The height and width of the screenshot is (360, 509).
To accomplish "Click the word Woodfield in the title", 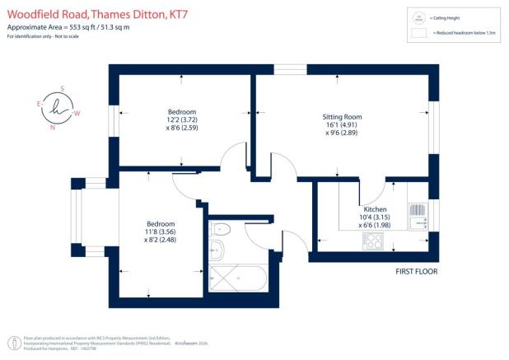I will tap(32, 13).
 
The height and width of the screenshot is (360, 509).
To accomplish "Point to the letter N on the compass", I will tap(54, 128).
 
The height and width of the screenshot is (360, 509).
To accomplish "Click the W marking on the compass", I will tap(77, 113).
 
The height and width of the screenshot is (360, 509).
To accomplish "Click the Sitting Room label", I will tap(342, 117).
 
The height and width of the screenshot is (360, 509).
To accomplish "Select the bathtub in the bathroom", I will tap(237, 278).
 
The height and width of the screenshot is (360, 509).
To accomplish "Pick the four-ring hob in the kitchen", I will tap(372, 241).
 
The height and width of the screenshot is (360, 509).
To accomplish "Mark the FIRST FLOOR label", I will tap(415, 271).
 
